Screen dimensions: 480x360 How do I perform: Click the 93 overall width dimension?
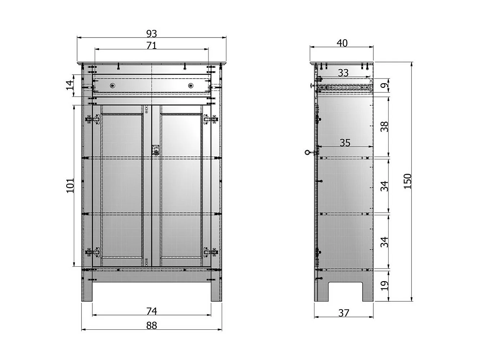pos(152,34)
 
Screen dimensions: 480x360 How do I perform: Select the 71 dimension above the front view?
pos(152,45)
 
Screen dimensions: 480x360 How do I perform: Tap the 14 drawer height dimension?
pos(70,85)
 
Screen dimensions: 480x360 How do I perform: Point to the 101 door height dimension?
pos(70,186)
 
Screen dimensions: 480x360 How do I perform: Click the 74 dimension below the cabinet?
pos(152,311)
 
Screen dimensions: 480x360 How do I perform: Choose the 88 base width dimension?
pos(152,325)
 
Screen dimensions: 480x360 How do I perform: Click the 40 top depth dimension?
pos(342,43)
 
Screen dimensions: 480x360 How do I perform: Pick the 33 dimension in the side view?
pos(343,73)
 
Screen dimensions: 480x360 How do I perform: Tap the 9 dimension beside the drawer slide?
pos(384,85)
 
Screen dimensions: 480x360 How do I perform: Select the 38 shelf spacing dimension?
pos(384,126)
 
